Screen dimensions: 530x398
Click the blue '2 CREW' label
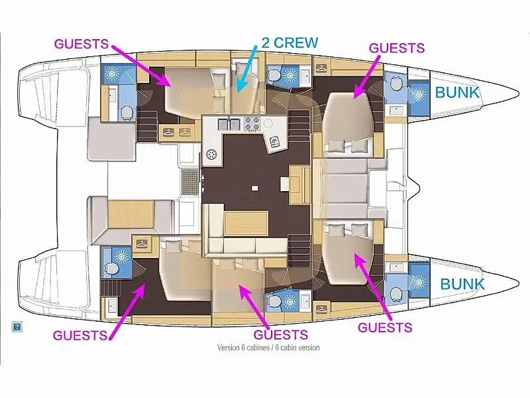click(290, 42)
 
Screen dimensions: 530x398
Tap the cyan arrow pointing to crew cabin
click(248, 68)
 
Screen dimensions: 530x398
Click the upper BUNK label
click(457, 92)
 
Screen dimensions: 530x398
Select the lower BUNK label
click(462, 285)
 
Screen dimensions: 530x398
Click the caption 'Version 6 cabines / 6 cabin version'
click(268, 348)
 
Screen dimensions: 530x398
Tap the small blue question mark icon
click(17, 326)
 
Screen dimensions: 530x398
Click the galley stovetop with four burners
click(252, 123)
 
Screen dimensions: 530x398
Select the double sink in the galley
click(229, 124)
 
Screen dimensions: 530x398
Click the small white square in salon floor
click(255, 188)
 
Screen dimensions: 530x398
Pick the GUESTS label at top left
click(81, 44)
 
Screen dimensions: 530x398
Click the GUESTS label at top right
click(397, 48)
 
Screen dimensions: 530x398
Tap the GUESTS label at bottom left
click(80, 335)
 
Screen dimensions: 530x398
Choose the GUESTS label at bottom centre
click(280, 334)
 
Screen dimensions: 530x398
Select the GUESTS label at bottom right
click(385, 327)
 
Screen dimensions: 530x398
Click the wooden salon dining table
click(246, 223)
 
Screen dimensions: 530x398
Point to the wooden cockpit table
click(131, 214)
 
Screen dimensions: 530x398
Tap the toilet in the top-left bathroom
click(127, 112)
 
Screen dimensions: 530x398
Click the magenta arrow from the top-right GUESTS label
click(367, 76)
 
